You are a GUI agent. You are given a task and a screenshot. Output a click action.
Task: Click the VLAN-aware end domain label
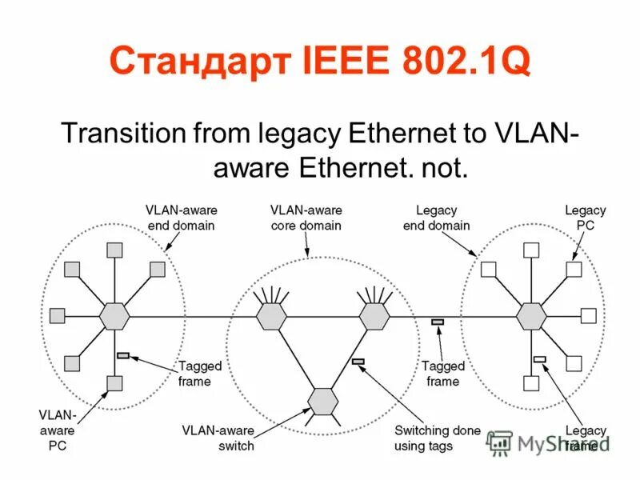(x=182, y=218)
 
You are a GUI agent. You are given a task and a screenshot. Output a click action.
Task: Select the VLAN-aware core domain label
(x=306, y=218)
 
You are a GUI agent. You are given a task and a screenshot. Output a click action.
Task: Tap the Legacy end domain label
(x=436, y=218)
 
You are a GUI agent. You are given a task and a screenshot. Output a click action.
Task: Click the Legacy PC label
(x=586, y=218)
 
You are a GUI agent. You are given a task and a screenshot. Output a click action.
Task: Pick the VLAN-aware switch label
(x=218, y=438)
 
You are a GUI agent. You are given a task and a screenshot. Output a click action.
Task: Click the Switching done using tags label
(x=437, y=438)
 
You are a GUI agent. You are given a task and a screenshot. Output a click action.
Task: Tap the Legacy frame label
(x=586, y=438)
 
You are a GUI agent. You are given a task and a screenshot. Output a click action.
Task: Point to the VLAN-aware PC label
(x=58, y=430)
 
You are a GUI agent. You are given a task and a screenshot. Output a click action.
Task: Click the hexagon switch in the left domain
(x=114, y=316)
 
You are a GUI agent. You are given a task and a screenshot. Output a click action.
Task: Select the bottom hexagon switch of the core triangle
(x=322, y=399)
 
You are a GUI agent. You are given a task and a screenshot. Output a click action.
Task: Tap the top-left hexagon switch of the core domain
(x=271, y=316)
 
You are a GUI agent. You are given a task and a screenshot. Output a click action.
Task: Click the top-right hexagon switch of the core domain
(x=374, y=316)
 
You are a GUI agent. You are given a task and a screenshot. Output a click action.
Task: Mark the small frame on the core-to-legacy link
(x=438, y=322)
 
